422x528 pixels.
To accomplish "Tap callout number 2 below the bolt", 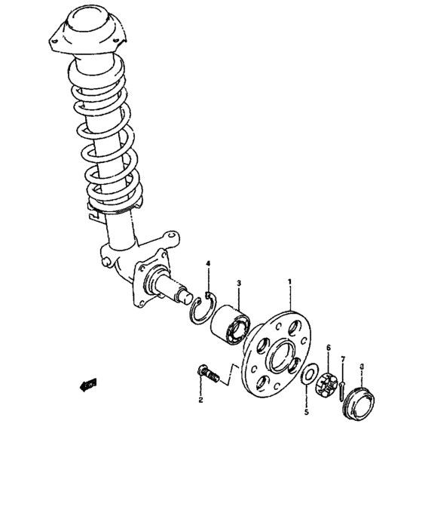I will pyautogui.click(x=201, y=400).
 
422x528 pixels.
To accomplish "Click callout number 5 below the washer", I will pyautogui.click(x=306, y=413).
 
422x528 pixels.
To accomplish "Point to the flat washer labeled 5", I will pyautogui.click(x=307, y=375).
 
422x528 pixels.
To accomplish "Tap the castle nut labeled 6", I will pyautogui.click(x=329, y=383).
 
